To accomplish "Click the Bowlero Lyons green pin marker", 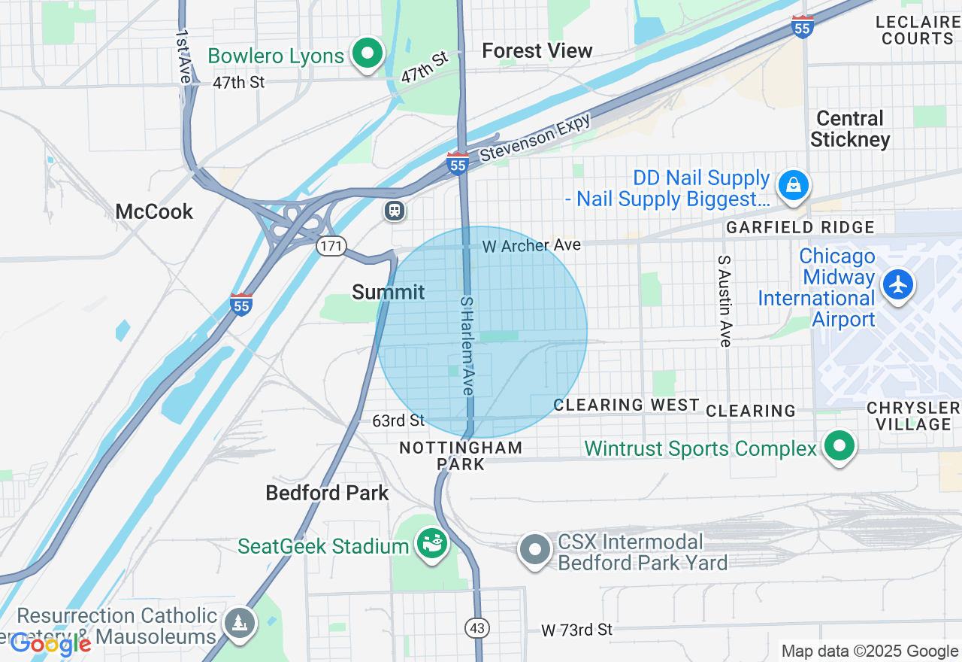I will point(367,53).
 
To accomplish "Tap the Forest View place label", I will point(537,50).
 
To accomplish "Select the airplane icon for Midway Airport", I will point(898,285).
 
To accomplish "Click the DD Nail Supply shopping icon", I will point(793,184).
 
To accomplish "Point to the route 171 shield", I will point(331,246).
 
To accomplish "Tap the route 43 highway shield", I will point(476,627).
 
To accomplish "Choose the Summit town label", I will point(388,292).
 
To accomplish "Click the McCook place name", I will point(154,211).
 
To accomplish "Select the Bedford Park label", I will point(327,493).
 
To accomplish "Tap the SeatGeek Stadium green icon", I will point(433,542).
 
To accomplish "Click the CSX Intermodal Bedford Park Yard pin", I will point(535,550).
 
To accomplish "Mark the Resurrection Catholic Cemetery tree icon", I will point(240,622).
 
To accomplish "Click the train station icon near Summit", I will point(395,211).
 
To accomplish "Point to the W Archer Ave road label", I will point(531,245).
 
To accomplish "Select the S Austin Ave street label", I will point(725,301).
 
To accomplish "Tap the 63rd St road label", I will point(398,420).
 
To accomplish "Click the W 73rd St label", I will point(577,629).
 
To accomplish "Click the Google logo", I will point(50,644).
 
